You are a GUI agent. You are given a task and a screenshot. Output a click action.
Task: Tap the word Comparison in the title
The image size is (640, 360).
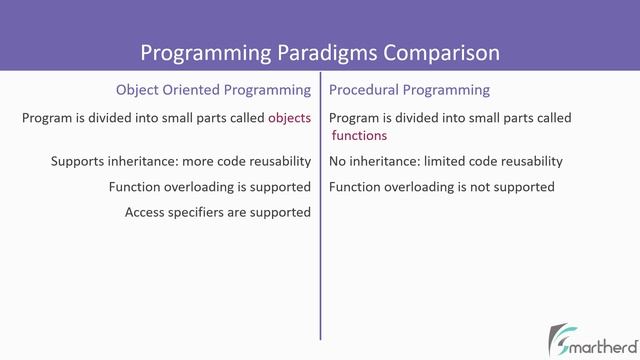(441, 50)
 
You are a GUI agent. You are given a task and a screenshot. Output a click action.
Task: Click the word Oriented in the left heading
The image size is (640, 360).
(195, 89)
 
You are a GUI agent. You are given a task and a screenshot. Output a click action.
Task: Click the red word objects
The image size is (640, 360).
(290, 118)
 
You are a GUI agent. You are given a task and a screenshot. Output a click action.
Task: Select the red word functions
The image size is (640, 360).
(358, 135)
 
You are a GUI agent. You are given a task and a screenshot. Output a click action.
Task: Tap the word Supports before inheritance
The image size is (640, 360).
(81, 161)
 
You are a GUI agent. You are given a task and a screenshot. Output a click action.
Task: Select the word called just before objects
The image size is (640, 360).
(244, 118)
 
